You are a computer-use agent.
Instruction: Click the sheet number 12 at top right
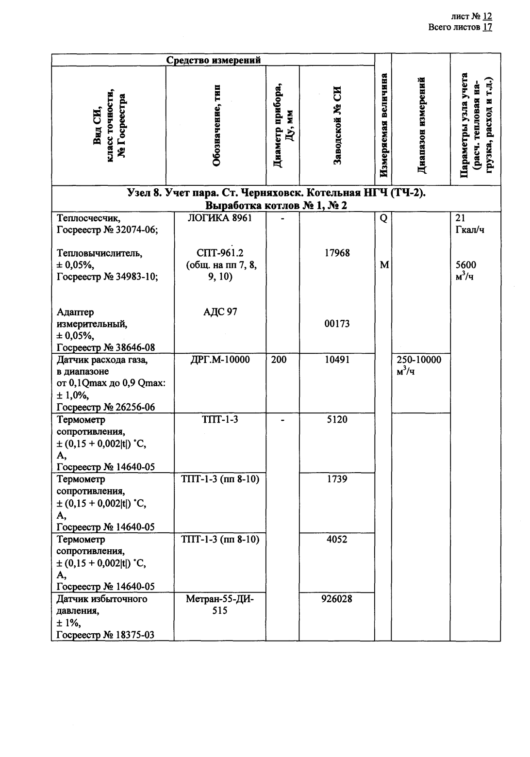tap(487, 16)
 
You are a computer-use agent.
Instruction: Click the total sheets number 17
tap(487, 27)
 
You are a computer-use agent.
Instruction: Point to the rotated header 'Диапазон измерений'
tap(421, 125)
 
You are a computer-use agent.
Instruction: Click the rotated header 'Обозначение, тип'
tap(216, 125)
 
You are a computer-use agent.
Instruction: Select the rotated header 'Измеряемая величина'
tap(383, 125)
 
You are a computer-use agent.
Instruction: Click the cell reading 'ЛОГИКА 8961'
tap(220, 218)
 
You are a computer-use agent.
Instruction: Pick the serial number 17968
tap(336, 253)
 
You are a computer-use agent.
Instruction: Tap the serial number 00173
tap(336, 324)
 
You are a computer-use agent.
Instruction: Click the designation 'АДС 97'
tap(220, 312)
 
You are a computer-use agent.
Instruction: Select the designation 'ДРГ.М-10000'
tap(220, 360)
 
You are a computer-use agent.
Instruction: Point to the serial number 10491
tap(336, 360)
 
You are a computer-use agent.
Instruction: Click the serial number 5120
tap(336, 419)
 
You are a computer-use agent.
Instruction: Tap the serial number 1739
tap(336, 479)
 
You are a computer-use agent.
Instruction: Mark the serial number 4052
tap(336, 539)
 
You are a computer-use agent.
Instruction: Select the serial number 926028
tap(336, 599)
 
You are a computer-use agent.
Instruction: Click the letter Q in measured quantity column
tap(383, 218)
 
